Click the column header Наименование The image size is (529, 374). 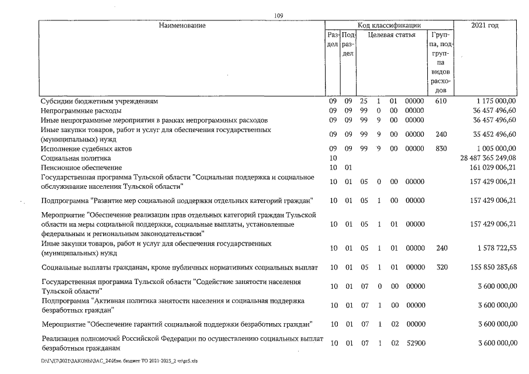pyautogui.click(x=181, y=25)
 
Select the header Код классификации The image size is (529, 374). pyautogui.click(x=389, y=25)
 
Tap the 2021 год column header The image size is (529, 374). pyautogui.click(x=485, y=25)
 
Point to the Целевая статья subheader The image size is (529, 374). pyautogui.click(x=392, y=35)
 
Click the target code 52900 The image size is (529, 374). pyautogui.click(x=414, y=344)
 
